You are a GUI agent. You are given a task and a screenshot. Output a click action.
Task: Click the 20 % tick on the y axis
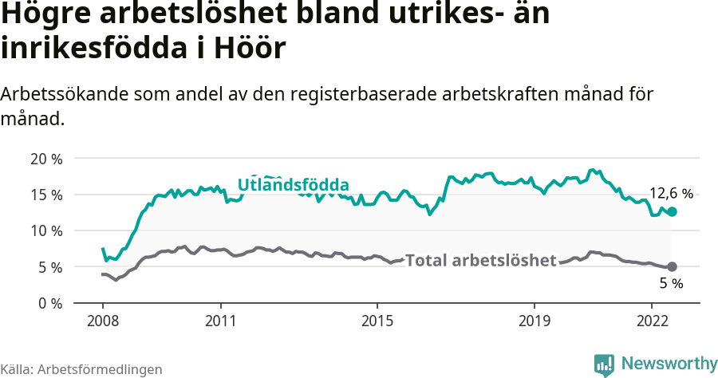(x=45, y=158)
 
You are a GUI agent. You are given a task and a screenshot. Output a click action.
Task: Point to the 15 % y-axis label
(x=45, y=195)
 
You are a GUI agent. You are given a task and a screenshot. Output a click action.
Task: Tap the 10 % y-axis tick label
(x=45, y=230)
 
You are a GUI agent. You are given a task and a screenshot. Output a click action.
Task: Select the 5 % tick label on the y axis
(x=49, y=267)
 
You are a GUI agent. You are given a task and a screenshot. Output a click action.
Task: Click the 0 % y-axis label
(x=49, y=303)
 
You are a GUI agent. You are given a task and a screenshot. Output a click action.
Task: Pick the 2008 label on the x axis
(x=103, y=321)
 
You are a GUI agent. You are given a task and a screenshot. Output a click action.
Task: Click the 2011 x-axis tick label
(x=220, y=321)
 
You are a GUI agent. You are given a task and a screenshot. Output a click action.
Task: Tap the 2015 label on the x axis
(x=377, y=321)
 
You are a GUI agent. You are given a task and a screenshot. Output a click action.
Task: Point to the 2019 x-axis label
(x=534, y=321)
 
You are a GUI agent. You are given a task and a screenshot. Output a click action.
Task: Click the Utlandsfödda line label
(x=293, y=185)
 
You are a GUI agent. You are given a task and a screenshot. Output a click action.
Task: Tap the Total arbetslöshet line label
(x=480, y=261)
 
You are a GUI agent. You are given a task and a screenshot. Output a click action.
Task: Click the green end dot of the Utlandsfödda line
(x=672, y=211)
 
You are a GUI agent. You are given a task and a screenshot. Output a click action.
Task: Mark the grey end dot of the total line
(x=672, y=266)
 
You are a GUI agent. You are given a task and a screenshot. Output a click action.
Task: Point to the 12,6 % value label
(x=671, y=193)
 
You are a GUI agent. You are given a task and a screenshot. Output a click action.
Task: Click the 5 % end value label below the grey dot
(x=671, y=284)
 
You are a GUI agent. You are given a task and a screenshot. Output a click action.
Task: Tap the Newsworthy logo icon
(x=604, y=364)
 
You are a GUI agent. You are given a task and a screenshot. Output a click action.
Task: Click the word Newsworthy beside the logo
(x=669, y=364)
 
